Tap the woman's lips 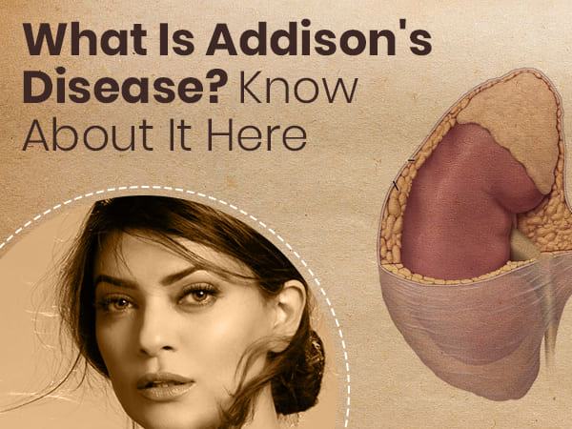166,386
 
